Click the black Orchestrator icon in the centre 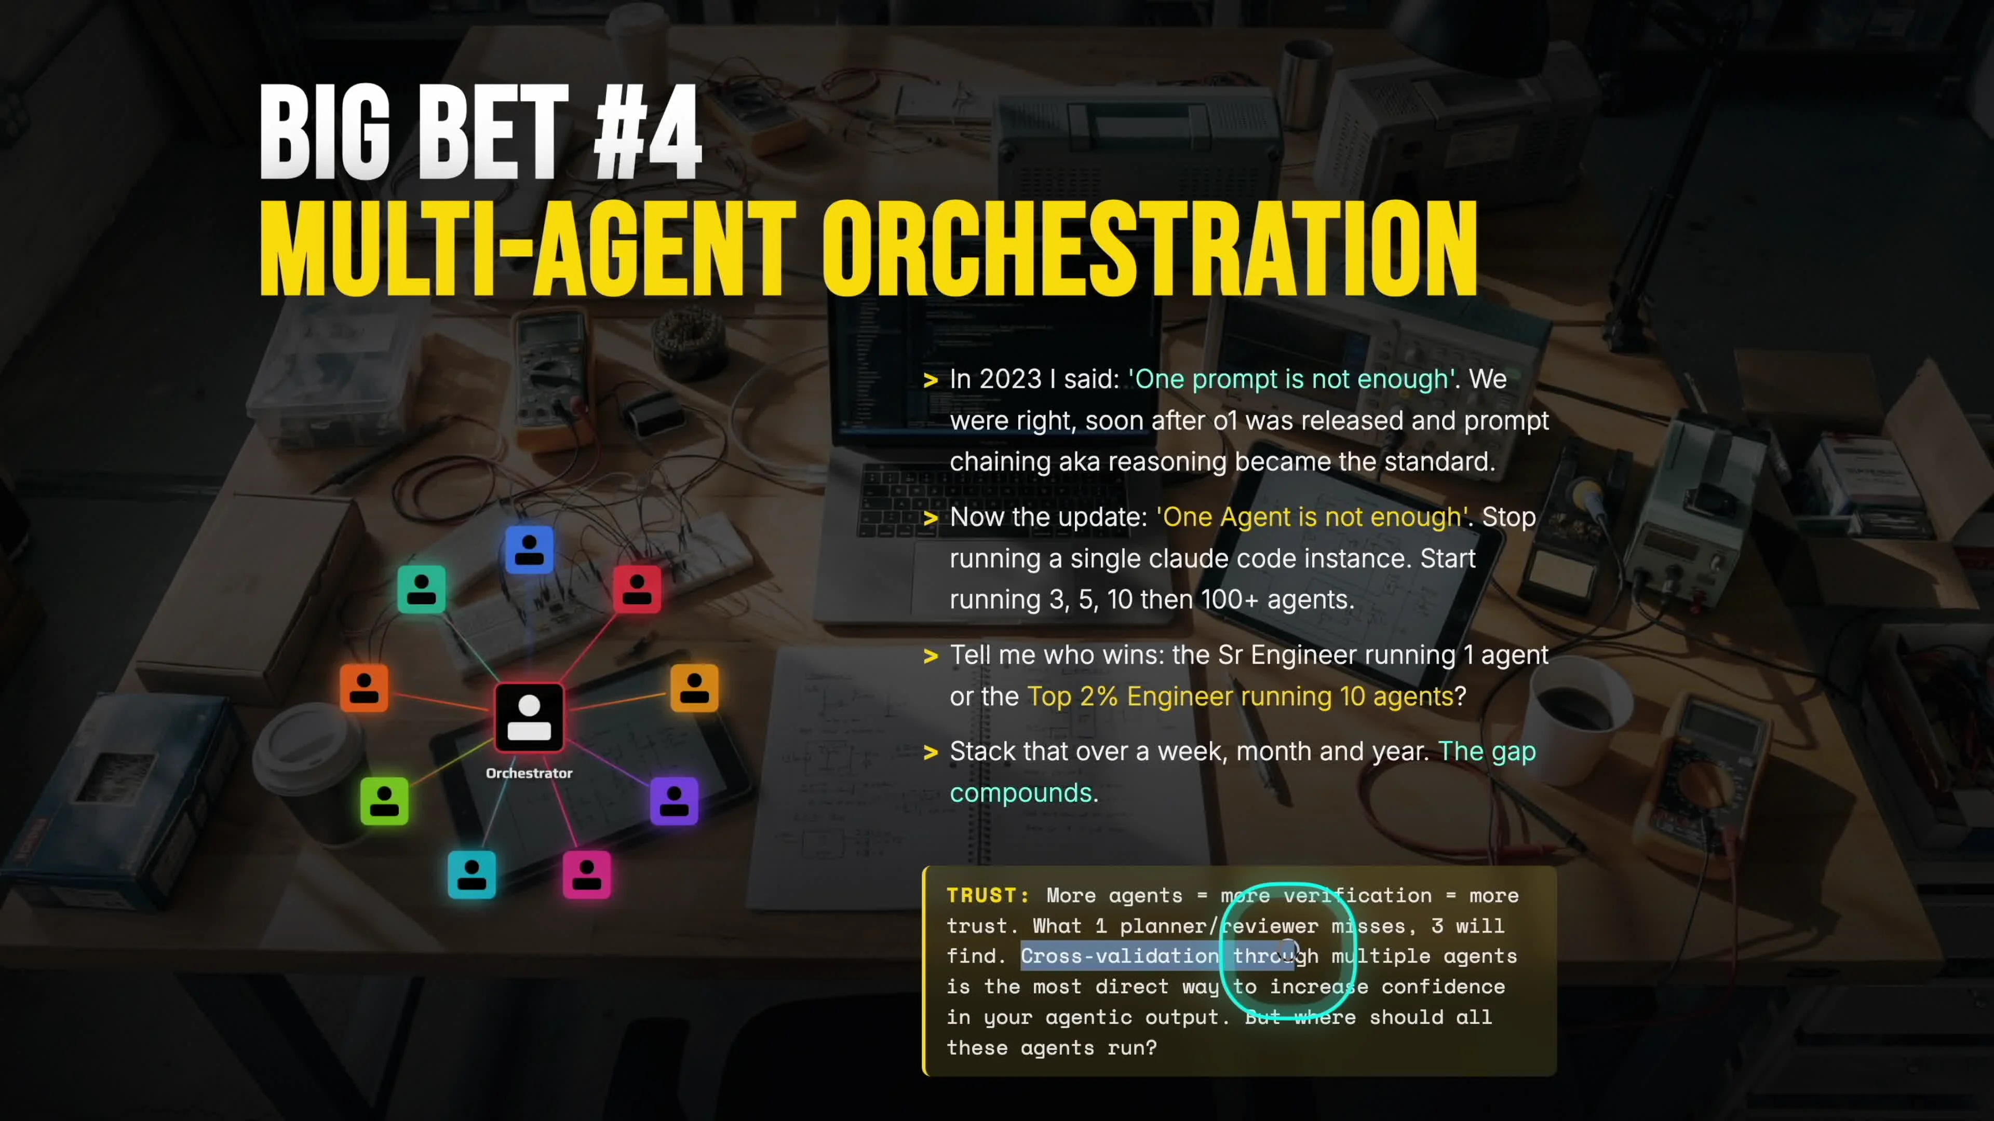click(529, 717)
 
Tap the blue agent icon click(530, 549)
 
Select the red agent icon click(637, 588)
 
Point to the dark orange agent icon click(364, 687)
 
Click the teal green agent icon click(421, 588)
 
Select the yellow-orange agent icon click(694, 687)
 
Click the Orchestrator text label click(529, 773)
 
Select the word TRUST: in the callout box click(988, 895)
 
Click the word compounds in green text click(1020, 793)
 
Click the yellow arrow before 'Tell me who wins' click(931, 656)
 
